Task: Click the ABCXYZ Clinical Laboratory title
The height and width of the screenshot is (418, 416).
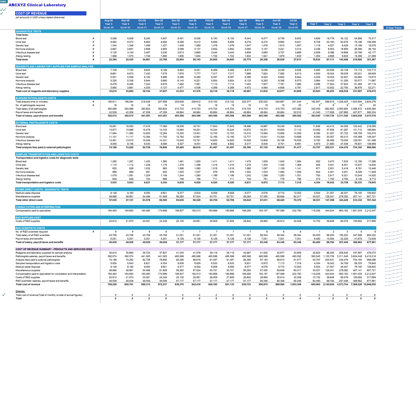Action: [37, 5]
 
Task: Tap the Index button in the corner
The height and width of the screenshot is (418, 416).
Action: [3, 2]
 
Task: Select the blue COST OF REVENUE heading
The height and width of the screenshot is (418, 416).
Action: [31, 14]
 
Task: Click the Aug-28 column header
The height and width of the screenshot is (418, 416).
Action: [109, 20]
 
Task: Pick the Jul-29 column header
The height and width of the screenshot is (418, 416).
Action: [293, 20]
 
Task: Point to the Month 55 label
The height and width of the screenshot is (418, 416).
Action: [209, 27]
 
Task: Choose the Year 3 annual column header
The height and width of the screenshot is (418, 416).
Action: [341, 24]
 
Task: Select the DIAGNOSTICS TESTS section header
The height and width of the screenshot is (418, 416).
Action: [28, 31]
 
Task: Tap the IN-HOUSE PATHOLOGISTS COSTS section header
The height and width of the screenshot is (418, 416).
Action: [36, 98]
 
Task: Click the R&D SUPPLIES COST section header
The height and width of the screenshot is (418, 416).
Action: [28, 218]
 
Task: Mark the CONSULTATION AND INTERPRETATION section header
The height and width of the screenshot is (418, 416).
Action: [38, 207]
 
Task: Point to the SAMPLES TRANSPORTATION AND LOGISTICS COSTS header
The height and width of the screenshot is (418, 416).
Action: [47, 154]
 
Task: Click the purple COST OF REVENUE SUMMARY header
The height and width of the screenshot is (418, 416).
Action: [54, 249]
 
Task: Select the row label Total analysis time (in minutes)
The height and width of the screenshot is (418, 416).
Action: [32, 102]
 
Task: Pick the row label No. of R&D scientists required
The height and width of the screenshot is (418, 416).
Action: [32, 232]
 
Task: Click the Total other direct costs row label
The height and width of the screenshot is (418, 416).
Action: [29, 200]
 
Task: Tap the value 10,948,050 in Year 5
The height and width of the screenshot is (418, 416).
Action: [369, 284]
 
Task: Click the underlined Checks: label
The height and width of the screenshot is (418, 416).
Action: [20, 291]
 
